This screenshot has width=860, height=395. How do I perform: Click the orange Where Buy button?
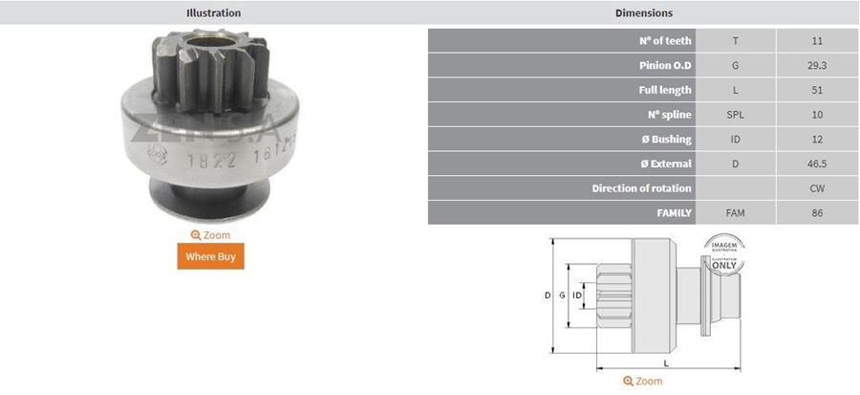[x=210, y=256]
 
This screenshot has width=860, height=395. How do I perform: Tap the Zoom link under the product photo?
[x=210, y=234]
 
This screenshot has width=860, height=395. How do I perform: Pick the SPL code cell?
[x=735, y=115]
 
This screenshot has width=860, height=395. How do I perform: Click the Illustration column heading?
[x=213, y=13]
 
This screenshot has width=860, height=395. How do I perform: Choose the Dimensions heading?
[x=643, y=13]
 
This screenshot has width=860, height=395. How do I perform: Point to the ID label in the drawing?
[x=577, y=296]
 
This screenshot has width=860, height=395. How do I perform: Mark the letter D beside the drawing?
[x=548, y=296]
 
